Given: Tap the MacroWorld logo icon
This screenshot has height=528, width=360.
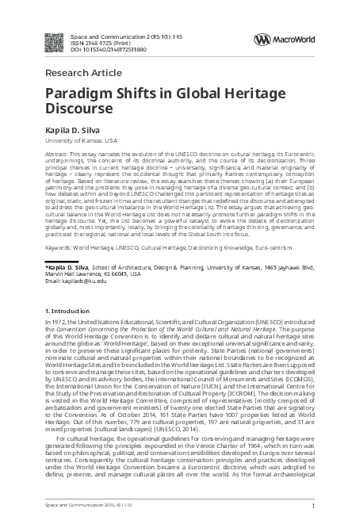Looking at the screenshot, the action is [x=261, y=39].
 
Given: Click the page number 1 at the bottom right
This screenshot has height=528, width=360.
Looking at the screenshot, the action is [x=314, y=505].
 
